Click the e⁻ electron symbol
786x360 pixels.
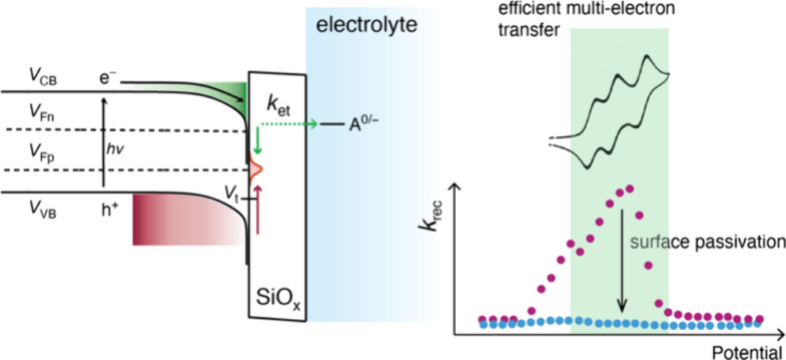108,79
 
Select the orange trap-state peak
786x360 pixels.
256,167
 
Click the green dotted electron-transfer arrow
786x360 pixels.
287,123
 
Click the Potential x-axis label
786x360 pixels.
747,350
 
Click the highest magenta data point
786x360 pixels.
627,189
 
